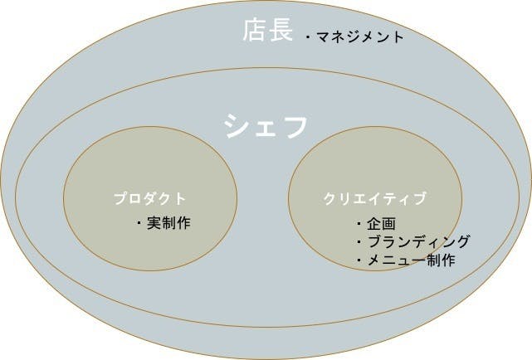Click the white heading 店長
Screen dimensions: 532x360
(x=268, y=31)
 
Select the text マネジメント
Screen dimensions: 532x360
(x=360, y=36)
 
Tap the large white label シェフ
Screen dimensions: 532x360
(x=266, y=126)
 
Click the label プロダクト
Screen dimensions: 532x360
(x=149, y=198)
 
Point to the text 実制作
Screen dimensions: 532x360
(x=168, y=223)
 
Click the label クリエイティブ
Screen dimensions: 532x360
(x=374, y=198)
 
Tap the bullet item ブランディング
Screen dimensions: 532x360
(x=418, y=241)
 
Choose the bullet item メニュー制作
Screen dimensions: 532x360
(x=411, y=260)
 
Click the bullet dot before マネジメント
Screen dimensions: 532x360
(x=308, y=36)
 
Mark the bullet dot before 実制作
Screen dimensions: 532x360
(x=139, y=223)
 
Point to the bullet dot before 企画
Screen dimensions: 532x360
(x=359, y=224)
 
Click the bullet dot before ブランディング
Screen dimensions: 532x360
(x=359, y=242)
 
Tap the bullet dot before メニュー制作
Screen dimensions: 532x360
(x=359, y=260)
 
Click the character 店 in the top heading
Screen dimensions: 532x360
(x=255, y=31)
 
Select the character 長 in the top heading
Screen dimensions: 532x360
(x=281, y=31)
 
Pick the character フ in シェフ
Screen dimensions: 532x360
(x=294, y=126)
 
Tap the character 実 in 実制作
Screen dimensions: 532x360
(x=154, y=223)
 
